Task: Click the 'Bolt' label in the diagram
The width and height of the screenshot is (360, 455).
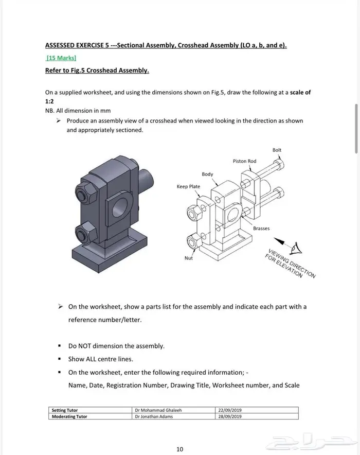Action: point(277,150)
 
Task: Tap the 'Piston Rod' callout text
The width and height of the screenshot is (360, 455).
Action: point(244,161)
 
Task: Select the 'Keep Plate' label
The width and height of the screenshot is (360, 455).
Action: point(188,186)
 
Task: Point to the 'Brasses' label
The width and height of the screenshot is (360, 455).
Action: point(261,228)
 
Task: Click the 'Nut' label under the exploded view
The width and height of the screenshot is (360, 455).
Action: point(189,258)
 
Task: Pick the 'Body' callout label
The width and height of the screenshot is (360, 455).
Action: point(207,174)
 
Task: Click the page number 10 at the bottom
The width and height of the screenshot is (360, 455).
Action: point(179,449)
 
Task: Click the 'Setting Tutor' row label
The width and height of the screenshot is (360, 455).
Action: point(65,410)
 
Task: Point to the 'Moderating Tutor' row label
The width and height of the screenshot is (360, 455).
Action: point(69,416)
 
